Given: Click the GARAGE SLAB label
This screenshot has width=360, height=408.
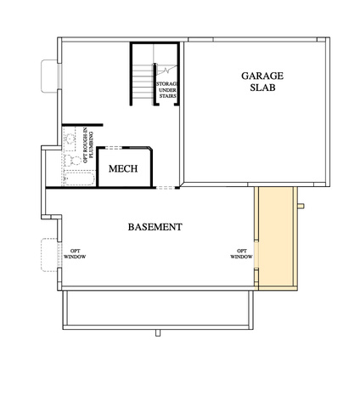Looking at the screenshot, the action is click(x=262, y=82).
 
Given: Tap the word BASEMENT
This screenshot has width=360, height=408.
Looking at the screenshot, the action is click(x=155, y=227).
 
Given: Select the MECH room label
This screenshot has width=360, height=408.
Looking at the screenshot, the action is click(x=123, y=168).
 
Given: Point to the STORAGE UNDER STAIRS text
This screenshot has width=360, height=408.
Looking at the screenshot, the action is click(x=167, y=90).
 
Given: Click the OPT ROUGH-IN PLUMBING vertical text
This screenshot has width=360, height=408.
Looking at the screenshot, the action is click(x=88, y=146).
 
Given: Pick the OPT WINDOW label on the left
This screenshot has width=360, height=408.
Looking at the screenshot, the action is click(x=75, y=254).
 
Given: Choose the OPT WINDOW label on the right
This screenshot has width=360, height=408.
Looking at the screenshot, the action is click(x=241, y=254).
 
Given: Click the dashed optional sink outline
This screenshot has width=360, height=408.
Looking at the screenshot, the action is click(x=70, y=139).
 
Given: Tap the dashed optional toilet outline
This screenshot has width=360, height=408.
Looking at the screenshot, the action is click(x=73, y=161).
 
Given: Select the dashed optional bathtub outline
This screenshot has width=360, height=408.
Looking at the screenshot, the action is click(x=79, y=178).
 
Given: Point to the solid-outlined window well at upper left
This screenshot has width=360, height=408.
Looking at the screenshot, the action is click(x=49, y=76).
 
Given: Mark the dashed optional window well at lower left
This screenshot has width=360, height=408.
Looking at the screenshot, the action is click(x=50, y=255).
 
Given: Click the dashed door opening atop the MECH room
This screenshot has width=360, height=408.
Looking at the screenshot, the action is click(x=114, y=148).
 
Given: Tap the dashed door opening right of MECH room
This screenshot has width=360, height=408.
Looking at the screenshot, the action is click(x=166, y=187).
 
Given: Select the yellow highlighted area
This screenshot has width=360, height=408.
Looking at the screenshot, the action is click(x=276, y=238).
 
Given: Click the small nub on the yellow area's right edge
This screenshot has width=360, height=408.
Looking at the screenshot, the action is click(x=301, y=206).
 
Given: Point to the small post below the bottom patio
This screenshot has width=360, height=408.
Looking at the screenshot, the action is click(x=158, y=333).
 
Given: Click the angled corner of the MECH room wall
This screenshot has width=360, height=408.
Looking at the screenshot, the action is click(x=150, y=149).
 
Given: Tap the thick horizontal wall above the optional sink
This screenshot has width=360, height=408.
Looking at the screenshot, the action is click(x=82, y=125).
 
